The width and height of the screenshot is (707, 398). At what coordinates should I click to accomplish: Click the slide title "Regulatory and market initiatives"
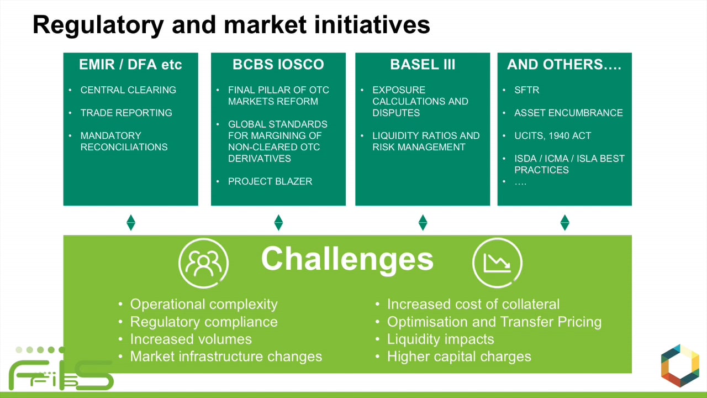pyautogui.click(x=231, y=25)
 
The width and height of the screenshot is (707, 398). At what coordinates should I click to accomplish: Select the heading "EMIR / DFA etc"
pyautogui.click(x=130, y=65)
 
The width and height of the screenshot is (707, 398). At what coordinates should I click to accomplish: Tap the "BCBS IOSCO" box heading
pyautogui.click(x=278, y=65)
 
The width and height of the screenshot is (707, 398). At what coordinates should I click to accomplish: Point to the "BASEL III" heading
pyautogui.click(x=423, y=65)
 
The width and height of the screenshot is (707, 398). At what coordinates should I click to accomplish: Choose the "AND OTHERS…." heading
pyautogui.click(x=564, y=65)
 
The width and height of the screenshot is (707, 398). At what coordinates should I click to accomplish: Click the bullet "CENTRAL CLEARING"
pyautogui.click(x=128, y=90)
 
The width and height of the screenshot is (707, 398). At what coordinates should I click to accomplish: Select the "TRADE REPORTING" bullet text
pyautogui.click(x=126, y=113)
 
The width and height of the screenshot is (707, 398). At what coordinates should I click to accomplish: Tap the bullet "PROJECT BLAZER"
pyautogui.click(x=270, y=181)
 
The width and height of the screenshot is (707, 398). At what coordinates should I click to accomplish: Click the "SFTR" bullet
pyautogui.click(x=526, y=90)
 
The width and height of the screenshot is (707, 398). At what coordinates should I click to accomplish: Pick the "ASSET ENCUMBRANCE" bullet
pyautogui.click(x=568, y=113)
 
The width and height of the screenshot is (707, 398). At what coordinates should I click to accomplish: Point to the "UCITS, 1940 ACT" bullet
pyautogui.click(x=552, y=135)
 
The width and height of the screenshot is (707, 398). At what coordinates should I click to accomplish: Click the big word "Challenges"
pyautogui.click(x=347, y=259)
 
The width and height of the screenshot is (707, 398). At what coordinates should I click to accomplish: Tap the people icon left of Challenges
pyautogui.click(x=203, y=263)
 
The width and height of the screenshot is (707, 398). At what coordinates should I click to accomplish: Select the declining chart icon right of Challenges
pyautogui.click(x=497, y=263)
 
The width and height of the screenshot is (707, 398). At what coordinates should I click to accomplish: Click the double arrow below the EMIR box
pyautogui.click(x=131, y=222)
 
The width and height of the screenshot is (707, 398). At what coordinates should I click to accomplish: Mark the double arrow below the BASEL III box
pyautogui.click(x=423, y=222)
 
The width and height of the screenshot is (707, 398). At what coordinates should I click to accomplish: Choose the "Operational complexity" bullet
pyautogui.click(x=203, y=304)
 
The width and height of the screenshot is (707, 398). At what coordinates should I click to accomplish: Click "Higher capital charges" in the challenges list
pyautogui.click(x=458, y=357)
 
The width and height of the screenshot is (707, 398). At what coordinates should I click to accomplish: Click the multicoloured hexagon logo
pyautogui.click(x=680, y=366)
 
